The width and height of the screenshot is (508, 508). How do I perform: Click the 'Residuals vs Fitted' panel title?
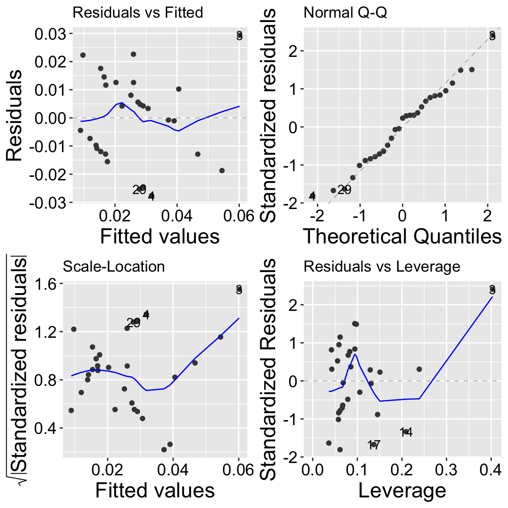pyautogui.click(x=138, y=12)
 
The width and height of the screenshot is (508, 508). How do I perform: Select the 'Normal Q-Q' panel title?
pyautogui.click(x=345, y=12)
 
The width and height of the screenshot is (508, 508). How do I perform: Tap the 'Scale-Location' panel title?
pyautogui.click(x=114, y=267)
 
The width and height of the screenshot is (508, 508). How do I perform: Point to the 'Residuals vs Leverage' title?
pyautogui.click(x=382, y=267)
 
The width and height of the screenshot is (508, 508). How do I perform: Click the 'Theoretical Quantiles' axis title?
pyautogui.click(x=402, y=236)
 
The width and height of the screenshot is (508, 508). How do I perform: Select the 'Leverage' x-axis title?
pyautogui.click(x=402, y=490)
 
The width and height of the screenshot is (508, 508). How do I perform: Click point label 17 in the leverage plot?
pyautogui.click(x=374, y=445)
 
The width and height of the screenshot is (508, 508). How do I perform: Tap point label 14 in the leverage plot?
pyautogui.click(x=406, y=432)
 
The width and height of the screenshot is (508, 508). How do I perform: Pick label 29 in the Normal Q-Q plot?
pyautogui.click(x=344, y=190)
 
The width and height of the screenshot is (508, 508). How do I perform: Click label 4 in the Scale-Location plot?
pyautogui.click(x=146, y=315)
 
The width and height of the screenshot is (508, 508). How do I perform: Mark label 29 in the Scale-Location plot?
pyautogui.click(x=133, y=323)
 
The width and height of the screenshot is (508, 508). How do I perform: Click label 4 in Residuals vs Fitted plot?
pyautogui.click(x=151, y=196)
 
